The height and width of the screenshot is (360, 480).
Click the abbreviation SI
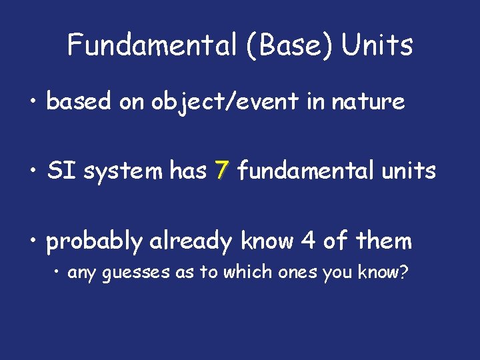(x=60, y=171)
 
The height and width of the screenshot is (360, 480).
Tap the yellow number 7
(x=222, y=171)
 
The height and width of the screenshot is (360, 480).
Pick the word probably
(x=94, y=241)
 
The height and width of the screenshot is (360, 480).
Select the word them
(x=386, y=241)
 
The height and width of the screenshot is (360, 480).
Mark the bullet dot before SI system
(x=32, y=172)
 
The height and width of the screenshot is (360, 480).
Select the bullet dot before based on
(x=32, y=102)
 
